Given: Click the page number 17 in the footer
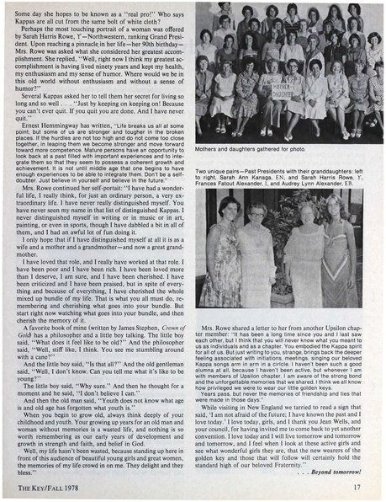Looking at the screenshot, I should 356,485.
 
